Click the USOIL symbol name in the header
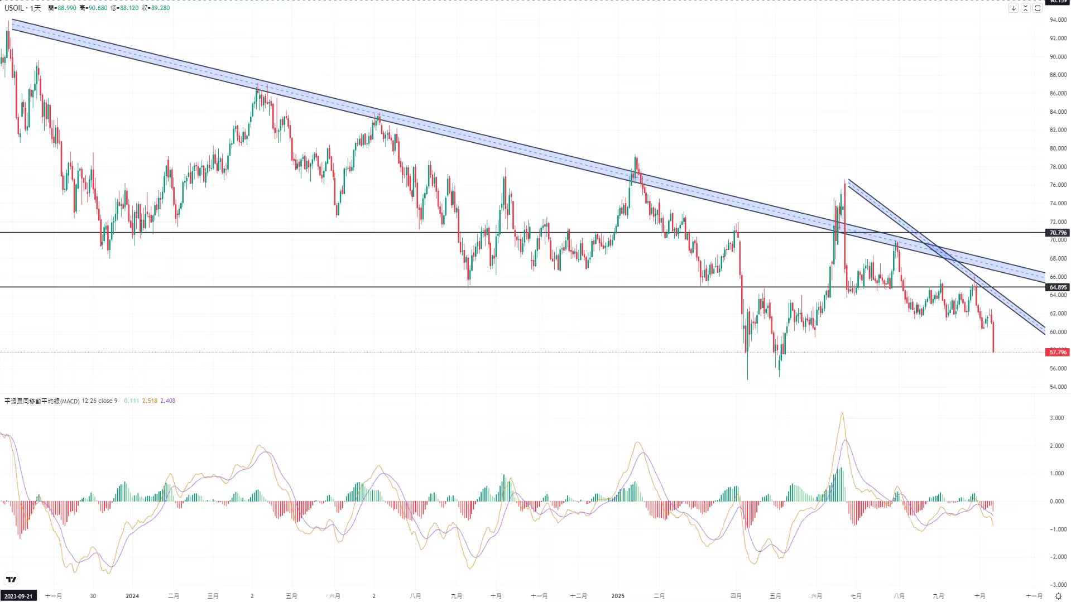click(14, 8)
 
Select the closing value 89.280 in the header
click(160, 8)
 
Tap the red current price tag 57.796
click(1058, 352)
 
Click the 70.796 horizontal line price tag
click(1058, 233)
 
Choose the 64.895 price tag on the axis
click(1058, 287)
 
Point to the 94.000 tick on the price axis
click(1058, 20)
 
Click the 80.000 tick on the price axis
click(1058, 148)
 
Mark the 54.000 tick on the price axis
click(1058, 387)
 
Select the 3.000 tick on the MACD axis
click(1056, 418)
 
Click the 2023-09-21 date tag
click(18, 596)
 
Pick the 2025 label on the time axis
click(618, 596)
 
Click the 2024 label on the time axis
click(132, 596)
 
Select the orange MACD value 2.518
click(150, 401)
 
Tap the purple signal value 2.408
click(167, 401)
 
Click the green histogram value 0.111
click(131, 401)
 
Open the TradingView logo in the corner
click(11, 579)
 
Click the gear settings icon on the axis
click(1058, 596)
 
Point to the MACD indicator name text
click(42, 401)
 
